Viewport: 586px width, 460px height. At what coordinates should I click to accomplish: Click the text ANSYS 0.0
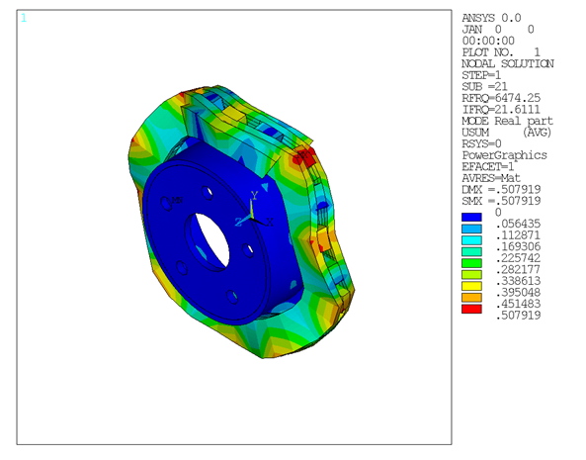tap(491, 18)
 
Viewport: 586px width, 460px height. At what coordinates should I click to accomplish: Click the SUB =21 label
tap(487, 85)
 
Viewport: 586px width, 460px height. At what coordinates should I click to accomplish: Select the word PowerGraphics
tap(503, 154)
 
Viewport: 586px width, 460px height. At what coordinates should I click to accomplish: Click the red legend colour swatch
tap(472, 309)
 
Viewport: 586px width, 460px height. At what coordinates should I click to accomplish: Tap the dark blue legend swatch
tap(472, 213)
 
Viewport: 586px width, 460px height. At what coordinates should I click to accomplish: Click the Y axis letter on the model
tap(255, 194)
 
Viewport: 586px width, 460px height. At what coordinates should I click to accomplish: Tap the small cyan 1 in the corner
tap(24, 18)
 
